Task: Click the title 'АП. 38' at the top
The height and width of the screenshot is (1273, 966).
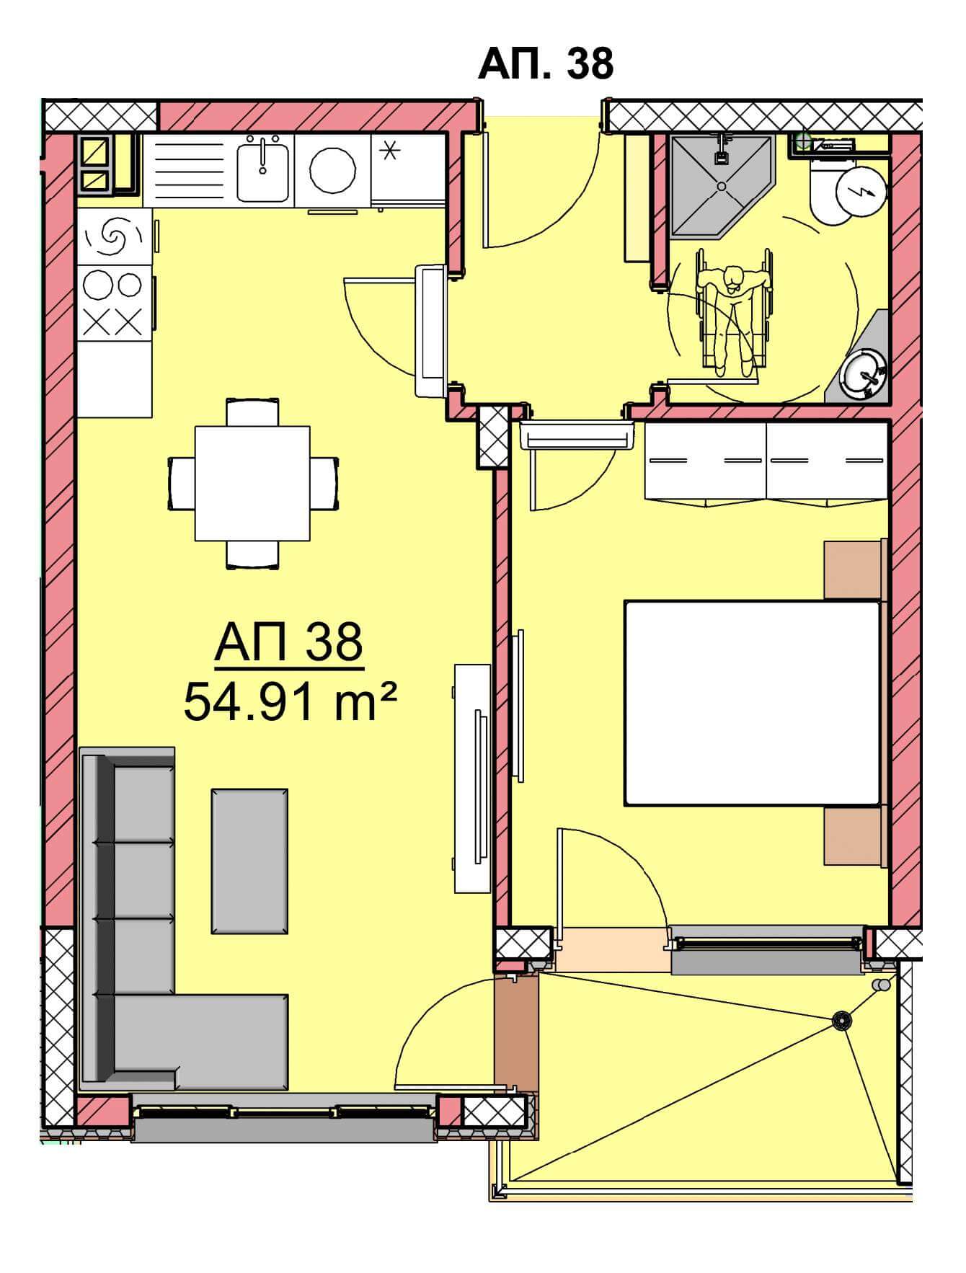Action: [x=546, y=63]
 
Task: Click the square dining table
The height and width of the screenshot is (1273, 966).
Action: [x=252, y=483]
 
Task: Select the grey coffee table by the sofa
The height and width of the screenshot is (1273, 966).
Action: [x=249, y=861]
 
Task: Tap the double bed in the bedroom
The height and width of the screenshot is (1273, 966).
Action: [x=753, y=703]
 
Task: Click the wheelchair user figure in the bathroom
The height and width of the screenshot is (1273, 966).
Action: [x=734, y=311]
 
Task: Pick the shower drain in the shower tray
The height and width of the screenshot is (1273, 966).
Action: [x=722, y=186]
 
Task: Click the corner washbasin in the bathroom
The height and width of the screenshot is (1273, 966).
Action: [x=864, y=369]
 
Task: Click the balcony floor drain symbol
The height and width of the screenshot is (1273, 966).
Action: [x=841, y=1020]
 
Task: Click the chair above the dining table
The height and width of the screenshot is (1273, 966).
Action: [x=252, y=412]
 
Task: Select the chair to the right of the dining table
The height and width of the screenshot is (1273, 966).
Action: [x=324, y=483]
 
